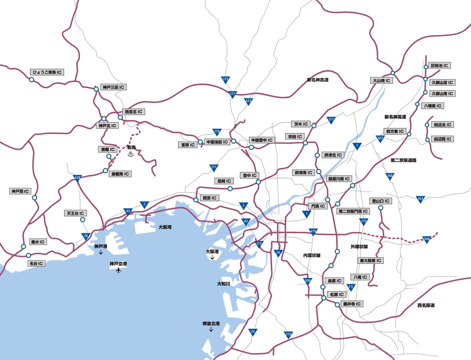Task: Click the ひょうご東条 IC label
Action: (x=47, y=72)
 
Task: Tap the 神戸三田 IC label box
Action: (x=113, y=87)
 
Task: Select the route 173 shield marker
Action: (x=226, y=79)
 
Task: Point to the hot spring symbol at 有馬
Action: (x=131, y=154)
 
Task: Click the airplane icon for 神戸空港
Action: (x=119, y=270)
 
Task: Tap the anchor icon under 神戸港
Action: (x=101, y=252)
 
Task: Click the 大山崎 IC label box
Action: (x=381, y=80)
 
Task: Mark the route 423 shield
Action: (x=248, y=101)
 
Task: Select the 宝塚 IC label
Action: (x=188, y=145)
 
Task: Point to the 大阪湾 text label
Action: (x=165, y=227)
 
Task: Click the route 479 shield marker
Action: (x=313, y=232)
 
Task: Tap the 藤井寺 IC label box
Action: (x=352, y=304)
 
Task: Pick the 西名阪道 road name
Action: (x=426, y=305)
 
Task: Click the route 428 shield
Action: (x=77, y=178)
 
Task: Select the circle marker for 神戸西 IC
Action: (x=34, y=198)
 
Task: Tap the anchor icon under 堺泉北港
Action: (x=211, y=329)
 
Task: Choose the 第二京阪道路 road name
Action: (x=403, y=160)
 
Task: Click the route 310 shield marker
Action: (x=288, y=335)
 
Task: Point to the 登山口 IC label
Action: (x=381, y=201)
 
